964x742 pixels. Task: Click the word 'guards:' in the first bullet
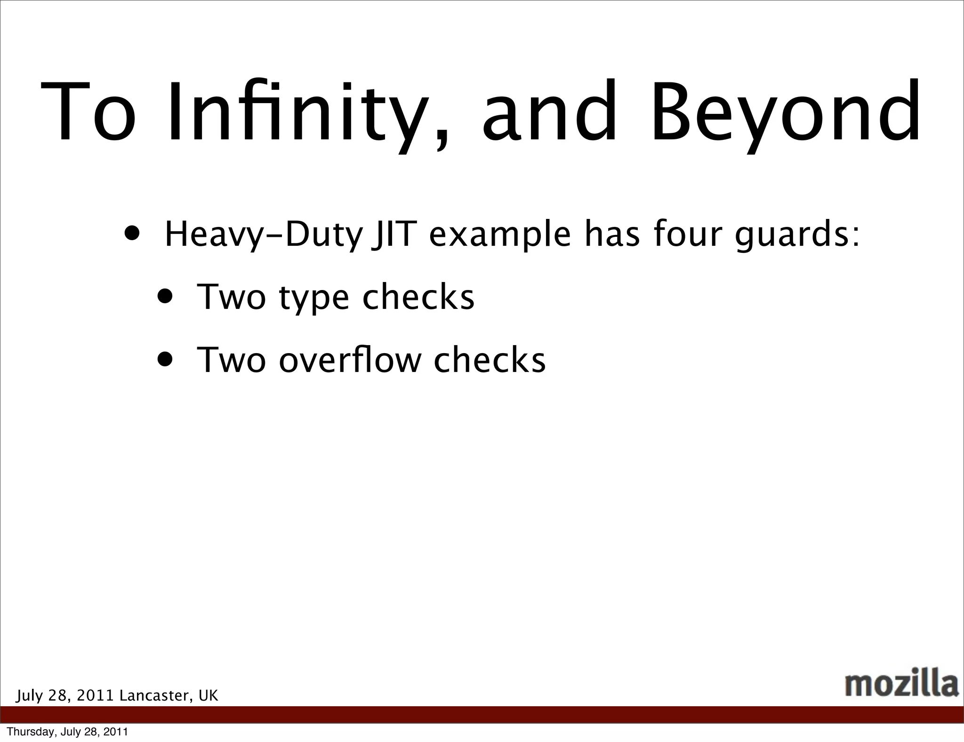click(x=797, y=235)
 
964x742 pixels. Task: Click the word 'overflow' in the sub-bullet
click(x=348, y=360)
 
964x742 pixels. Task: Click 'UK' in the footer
click(x=209, y=695)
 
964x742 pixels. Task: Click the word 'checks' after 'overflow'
click(x=490, y=360)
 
